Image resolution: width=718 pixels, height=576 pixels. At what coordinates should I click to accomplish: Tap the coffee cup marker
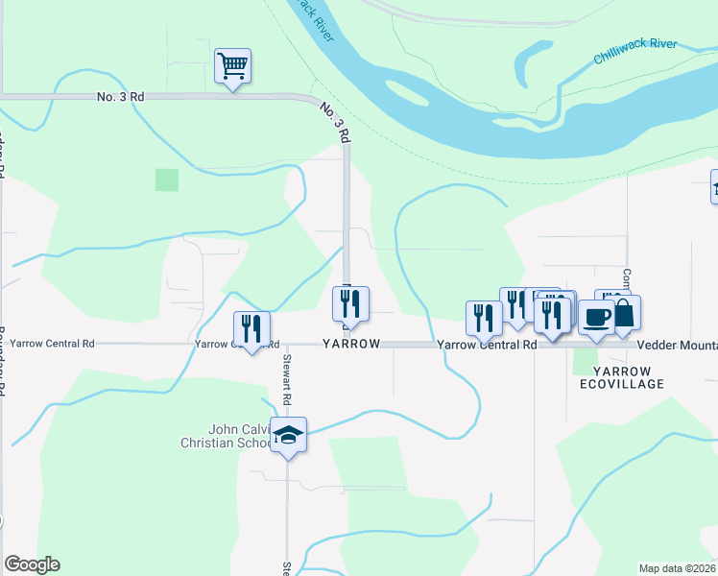coord(596,317)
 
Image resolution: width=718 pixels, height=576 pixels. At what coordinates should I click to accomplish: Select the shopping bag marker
coord(623,313)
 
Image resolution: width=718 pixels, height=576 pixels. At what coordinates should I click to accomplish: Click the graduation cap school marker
coord(288,436)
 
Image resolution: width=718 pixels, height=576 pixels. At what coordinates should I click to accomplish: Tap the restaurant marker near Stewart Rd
coord(251,329)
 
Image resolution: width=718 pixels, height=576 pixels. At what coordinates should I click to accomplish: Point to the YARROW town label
coord(351,344)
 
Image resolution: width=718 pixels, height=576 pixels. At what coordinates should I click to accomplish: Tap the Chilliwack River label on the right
coord(634,51)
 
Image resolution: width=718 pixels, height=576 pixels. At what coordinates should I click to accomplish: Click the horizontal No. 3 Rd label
coord(120,97)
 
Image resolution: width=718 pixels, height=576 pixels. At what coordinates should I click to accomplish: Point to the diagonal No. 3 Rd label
coord(333,123)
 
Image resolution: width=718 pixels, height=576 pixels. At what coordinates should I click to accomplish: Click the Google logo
coord(32,564)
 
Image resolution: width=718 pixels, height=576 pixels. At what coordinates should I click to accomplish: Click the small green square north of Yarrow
coord(167,180)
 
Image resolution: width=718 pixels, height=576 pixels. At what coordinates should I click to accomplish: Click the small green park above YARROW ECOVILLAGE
coord(584,361)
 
